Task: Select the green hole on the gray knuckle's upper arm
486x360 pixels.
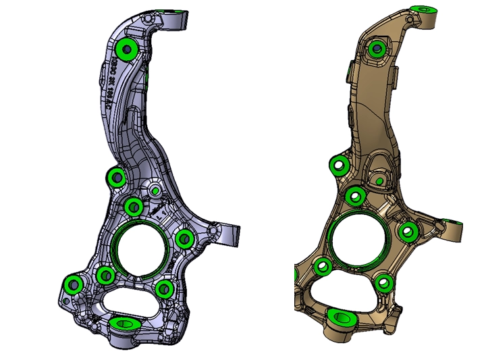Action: pos(126,49)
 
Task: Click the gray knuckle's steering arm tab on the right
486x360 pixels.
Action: pos(230,233)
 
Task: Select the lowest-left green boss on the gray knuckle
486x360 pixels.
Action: pos(72,285)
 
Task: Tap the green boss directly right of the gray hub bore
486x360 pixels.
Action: pos(184,238)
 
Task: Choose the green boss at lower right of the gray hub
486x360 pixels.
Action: pos(164,289)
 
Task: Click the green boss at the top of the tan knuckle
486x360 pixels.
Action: pos(427,9)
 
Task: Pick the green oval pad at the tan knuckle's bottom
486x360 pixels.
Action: pos(343,317)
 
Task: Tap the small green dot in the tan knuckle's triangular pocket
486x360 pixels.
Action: pos(379,181)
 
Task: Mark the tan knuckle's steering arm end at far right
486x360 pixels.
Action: pos(456,228)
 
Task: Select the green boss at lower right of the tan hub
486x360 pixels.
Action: pos(385,282)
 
